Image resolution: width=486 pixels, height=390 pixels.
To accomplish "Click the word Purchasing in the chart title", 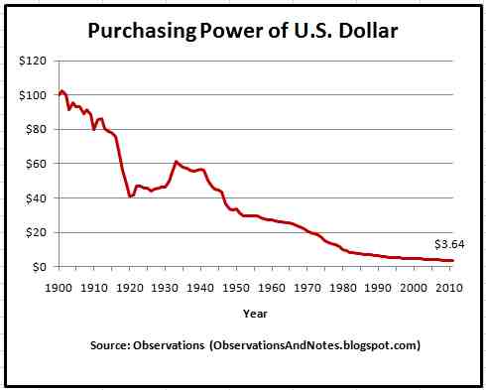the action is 142,32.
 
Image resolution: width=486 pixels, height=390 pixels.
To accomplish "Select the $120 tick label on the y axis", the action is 33,61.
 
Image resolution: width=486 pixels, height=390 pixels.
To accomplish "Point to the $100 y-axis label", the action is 33,95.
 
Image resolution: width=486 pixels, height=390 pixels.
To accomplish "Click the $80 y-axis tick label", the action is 36,129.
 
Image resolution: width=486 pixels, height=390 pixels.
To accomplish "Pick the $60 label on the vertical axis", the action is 36,164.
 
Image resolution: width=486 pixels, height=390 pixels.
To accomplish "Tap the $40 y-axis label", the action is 36,198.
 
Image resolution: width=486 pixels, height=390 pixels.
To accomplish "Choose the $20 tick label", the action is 36,232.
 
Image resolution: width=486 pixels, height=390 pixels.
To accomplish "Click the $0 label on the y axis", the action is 39,267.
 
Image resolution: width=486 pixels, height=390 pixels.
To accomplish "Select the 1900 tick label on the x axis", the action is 59,288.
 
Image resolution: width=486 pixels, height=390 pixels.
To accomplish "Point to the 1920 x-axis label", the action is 130,288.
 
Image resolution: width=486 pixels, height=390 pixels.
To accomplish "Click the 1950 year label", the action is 236,288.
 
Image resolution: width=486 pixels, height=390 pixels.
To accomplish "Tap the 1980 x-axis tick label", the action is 343,288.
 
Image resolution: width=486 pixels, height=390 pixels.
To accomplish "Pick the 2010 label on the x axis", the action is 449,288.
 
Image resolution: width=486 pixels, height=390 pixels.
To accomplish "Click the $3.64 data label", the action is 449,244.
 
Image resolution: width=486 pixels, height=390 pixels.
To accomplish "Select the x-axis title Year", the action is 255,314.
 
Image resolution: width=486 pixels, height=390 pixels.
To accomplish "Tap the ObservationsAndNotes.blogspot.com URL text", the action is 314,345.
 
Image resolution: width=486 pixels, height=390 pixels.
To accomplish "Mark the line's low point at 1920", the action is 131,196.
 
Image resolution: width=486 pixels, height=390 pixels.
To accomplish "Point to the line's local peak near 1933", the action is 176,162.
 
